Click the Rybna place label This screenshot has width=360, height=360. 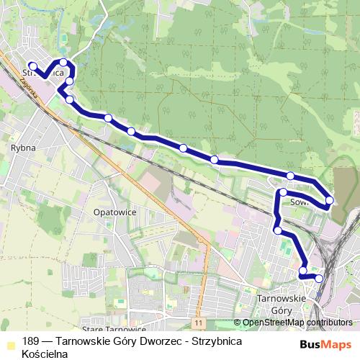[x=19, y=147]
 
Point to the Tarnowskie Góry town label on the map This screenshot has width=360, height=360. [x=282, y=303]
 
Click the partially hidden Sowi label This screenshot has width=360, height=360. [x=300, y=202]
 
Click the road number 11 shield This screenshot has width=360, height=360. [x=198, y=322]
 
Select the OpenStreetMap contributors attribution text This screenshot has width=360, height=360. [x=297, y=322]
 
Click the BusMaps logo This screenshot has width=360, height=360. [x=325, y=344]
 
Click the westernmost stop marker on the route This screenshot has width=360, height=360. [x=33, y=67]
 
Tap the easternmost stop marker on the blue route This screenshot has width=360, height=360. [x=329, y=199]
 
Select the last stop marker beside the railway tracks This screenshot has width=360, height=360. [x=319, y=278]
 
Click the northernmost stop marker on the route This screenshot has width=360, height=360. [x=63, y=62]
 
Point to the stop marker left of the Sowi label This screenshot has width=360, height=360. [x=284, y=192]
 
